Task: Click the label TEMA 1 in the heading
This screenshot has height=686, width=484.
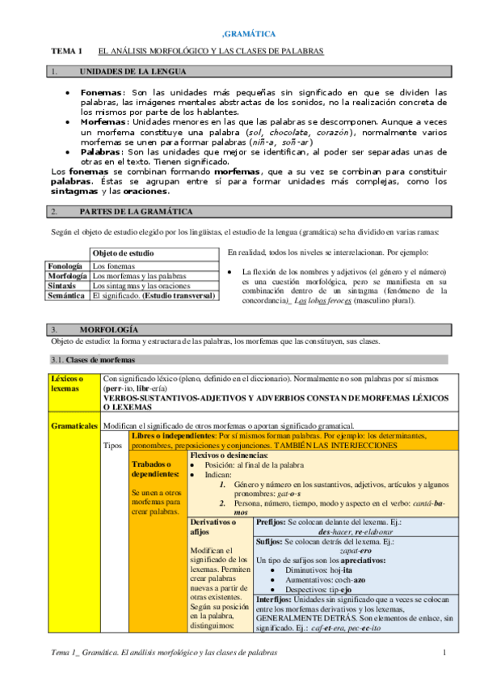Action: tap(67, 51)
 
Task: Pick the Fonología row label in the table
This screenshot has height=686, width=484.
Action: tap(65, 265)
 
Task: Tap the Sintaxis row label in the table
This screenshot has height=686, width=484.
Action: tap(62, 286)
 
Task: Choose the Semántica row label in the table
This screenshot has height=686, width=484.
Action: tap(65, 296)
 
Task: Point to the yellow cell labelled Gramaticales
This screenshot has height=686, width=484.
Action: tap(74, 425)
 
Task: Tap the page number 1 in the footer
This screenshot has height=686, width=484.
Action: tap(444, 652)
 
